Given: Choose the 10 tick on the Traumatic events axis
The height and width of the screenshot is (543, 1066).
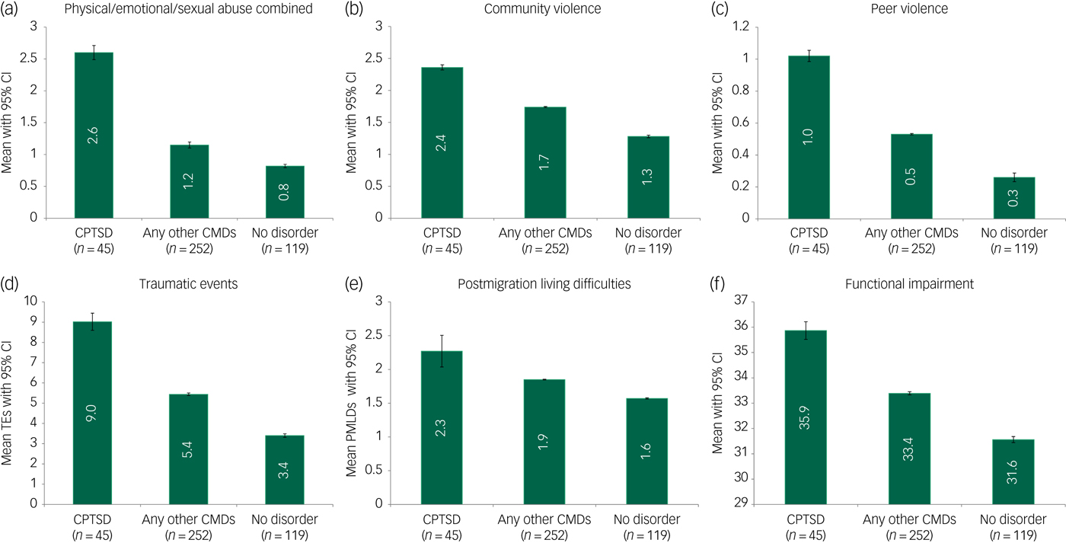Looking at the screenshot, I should coord(31,302).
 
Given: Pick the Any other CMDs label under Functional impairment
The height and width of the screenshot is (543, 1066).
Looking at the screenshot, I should coord(902,524).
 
